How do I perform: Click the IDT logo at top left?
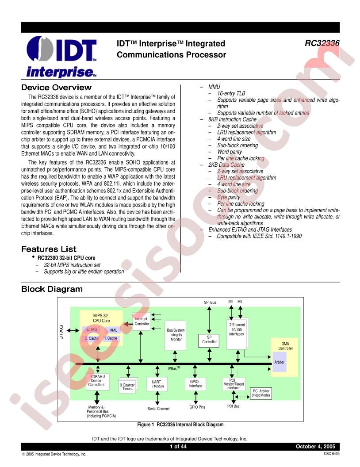point(61,57)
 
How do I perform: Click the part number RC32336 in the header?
point(322,43)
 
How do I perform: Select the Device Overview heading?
point(56,88)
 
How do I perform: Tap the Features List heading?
point(49,249)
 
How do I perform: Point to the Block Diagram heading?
point(52,289)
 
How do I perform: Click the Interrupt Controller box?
point(142,322)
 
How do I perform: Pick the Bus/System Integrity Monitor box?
point(176,335)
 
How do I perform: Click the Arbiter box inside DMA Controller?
point(280,362)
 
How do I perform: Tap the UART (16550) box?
point(157,384)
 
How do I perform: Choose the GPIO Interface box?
point(195,383)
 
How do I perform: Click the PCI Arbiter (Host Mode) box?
point(261,393)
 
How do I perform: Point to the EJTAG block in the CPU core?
point(92,330)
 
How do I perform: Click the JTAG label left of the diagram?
point(61,332)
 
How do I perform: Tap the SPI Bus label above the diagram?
point(210,302)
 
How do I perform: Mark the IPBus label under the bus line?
point(174,368)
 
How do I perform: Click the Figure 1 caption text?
point(180,425)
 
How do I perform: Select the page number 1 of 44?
point(178,446)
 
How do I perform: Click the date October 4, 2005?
point(315,446)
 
